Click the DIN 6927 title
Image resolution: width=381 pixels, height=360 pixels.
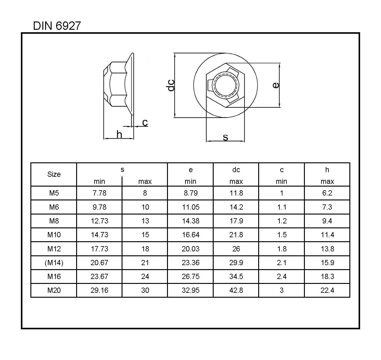57,26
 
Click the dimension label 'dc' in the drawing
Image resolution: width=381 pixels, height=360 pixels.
171,85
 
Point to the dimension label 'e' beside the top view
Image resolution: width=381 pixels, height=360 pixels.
276,85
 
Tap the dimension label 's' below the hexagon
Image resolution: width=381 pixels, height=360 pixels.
225,137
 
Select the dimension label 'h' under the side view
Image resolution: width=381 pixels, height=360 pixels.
119,134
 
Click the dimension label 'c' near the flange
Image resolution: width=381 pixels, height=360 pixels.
145,122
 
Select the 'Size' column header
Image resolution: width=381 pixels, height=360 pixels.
54,174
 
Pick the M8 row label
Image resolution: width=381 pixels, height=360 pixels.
54,221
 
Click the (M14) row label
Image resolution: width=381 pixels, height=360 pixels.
54,263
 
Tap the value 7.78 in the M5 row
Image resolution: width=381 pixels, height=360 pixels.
99,193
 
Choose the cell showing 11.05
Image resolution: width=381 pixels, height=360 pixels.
190,207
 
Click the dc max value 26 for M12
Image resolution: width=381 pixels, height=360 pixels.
236,249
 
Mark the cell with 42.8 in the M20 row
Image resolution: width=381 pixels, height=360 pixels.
236,290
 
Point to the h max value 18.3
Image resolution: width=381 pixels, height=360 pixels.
327,277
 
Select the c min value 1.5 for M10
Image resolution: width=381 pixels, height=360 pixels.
282,235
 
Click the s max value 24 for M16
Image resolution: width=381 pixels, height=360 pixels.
145,277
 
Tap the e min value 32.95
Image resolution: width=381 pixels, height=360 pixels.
190,290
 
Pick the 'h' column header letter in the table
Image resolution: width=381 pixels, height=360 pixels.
327,170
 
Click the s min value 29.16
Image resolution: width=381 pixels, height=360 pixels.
99,290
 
